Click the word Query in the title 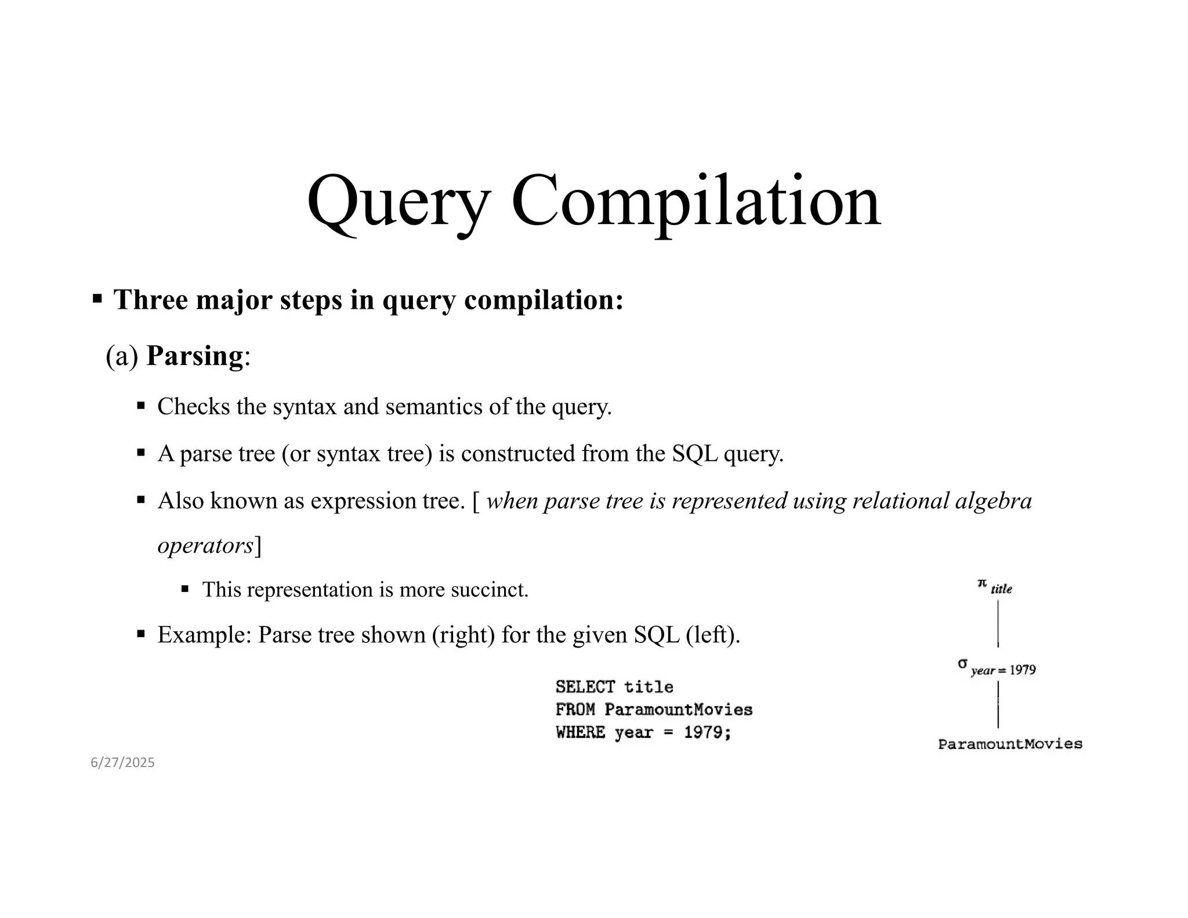(398, 202)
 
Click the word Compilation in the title (696, 202)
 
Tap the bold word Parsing (194, 356)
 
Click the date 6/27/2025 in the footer (122, 762)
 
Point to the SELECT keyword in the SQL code (585, 687)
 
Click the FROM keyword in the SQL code (575, 710)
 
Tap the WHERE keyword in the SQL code (580, 732)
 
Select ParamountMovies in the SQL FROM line (678, 710)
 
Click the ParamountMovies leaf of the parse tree (1010, 744)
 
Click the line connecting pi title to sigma (998, 624)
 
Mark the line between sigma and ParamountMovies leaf (998, 704)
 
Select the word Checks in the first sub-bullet (194, 406)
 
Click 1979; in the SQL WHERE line (707, 732)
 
